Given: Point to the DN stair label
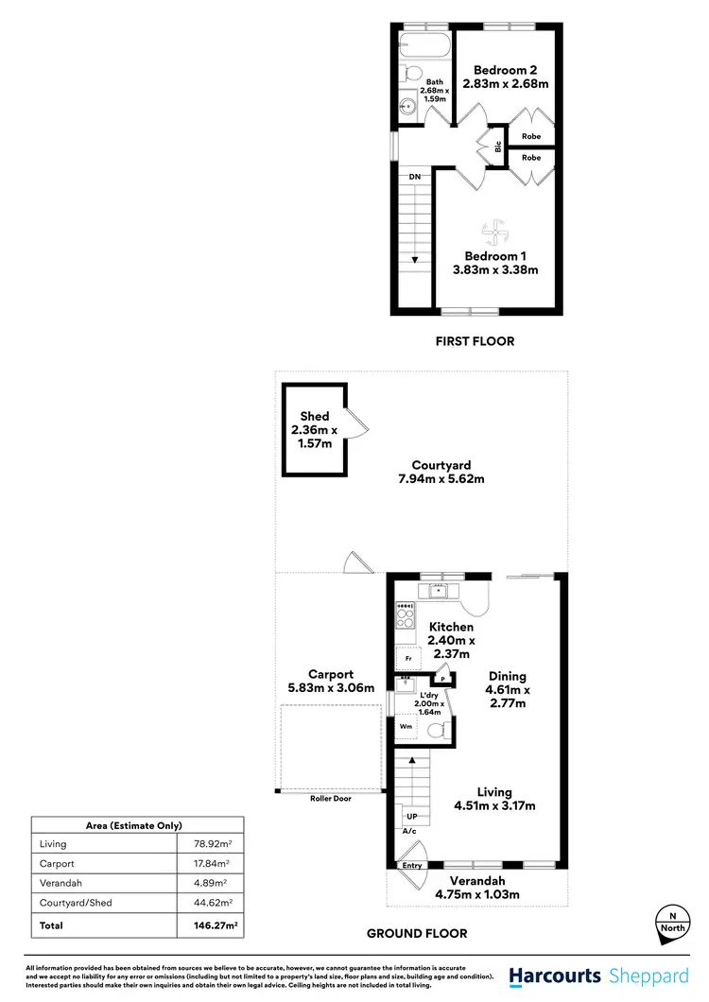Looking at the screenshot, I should (x=415, y=177).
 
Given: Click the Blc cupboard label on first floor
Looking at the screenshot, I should (x=497, y=147).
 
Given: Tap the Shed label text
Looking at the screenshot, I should (x=315, y=416).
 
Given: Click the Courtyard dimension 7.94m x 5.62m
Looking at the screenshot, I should (x=441, y=479).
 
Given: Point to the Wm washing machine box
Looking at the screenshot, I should (x=406, y=727).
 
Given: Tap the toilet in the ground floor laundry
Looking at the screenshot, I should (x=437, y=731).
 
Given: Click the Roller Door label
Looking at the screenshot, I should (x=331, y=799).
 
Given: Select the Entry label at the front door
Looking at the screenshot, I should (x=412, y=865).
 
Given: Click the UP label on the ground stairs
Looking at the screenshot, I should (x=411, y=816).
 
